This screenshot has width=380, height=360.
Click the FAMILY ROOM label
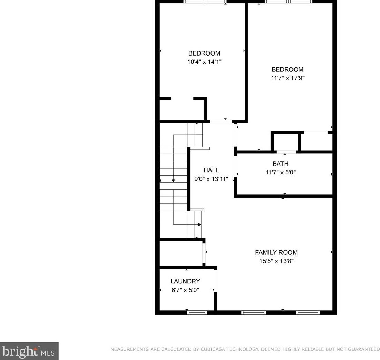point(276,252)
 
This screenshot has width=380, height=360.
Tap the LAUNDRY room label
point(185,281)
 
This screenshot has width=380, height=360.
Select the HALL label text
point(211,170)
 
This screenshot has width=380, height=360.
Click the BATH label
point(280,164)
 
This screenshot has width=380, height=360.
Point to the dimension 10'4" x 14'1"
point(204,62)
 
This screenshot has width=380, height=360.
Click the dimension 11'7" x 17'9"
point(287,78)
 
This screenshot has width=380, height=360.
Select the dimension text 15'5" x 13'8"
point(276,261)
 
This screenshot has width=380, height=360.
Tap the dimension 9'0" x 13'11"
point(211,179)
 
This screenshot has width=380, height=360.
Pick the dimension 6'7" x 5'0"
point(185,290)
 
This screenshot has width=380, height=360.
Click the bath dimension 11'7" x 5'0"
point(280,172)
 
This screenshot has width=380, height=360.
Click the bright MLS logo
point(29,351)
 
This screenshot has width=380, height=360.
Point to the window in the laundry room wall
point(197,312)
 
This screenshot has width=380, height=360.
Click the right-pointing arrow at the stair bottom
point(199,224)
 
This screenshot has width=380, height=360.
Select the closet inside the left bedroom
point(182,110)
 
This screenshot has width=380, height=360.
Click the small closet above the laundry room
point(181,253)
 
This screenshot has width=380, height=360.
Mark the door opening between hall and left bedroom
point(221,121)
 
